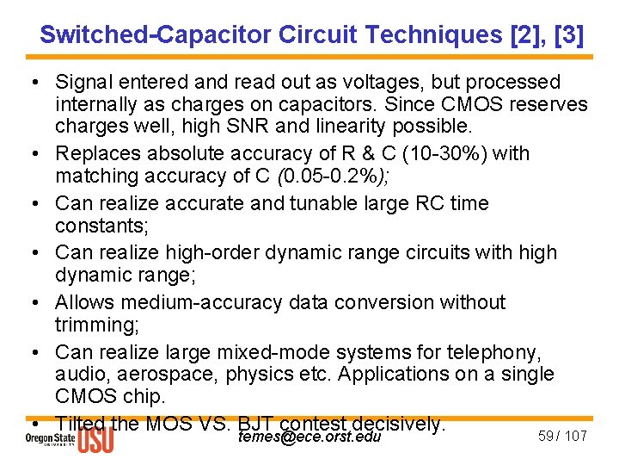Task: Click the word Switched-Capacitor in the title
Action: (x=156, y=34)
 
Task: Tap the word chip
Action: (x=145, y=397)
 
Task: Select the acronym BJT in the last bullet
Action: (x=254, y=424)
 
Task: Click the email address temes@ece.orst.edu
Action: (x=309, y=437)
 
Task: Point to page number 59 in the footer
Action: (x=545, y=436)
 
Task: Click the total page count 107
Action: (x=575, y=436)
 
